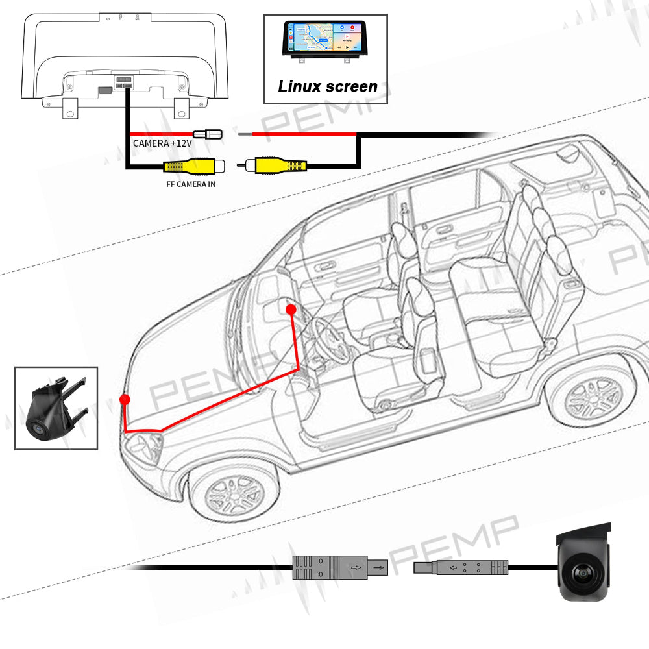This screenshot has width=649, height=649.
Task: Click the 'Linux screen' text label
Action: [327, 86]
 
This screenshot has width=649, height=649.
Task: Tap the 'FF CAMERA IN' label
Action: [191, 184]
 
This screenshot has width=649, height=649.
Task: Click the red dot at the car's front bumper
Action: [125, 399]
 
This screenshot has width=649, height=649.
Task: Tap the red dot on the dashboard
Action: [291, 310]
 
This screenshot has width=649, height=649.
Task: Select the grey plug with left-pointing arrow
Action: [461, 568]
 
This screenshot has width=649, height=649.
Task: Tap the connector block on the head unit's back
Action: [124, 82]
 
